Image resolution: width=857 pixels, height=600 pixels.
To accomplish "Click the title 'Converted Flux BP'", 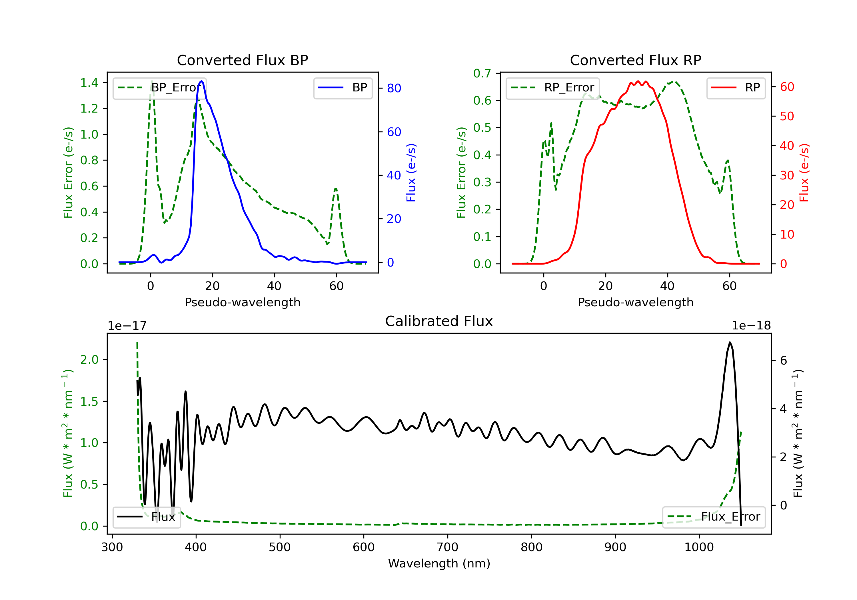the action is coord(242,60).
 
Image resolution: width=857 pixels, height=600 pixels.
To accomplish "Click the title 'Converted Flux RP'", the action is coord(635,60).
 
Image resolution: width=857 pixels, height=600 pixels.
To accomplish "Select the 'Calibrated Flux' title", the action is coord(439,321).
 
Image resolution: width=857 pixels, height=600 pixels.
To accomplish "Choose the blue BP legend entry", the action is coord(343,88).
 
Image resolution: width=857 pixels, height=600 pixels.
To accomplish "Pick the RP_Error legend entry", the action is coord(552,88).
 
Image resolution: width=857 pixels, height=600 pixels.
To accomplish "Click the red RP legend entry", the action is coord(736,88).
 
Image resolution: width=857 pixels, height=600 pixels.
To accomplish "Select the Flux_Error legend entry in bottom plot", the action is coord(713,517).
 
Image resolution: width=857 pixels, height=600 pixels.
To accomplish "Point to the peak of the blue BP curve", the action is coord(202,81).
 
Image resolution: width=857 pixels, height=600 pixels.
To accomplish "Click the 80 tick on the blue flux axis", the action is coord(394,89).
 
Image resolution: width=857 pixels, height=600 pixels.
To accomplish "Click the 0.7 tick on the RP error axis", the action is coord(482,73).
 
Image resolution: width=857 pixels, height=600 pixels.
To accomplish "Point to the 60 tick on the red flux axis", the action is coord(787,87).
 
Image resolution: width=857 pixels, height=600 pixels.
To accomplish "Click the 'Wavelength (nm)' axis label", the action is coord(439,563).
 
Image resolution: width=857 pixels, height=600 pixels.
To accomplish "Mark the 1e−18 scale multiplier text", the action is coord(751,326).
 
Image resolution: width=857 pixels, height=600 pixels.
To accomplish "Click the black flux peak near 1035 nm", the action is coord(730,342).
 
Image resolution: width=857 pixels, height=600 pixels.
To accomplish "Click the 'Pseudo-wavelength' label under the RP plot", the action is coord(635,302).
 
